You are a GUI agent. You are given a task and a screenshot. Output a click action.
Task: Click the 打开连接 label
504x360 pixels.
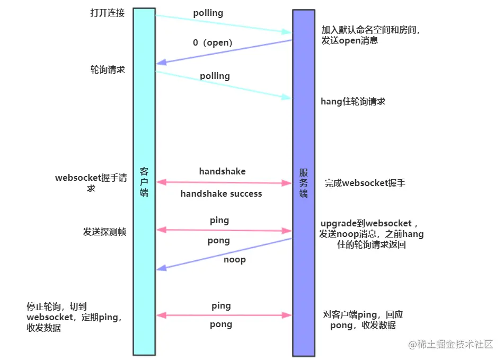(x=107, y=13)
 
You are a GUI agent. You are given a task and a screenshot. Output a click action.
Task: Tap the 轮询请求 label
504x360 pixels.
(x=108, y=69)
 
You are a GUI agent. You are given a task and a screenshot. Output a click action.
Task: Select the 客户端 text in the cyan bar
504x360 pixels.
(x=144, y=182)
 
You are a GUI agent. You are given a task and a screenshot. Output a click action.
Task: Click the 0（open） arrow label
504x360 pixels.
(x=213, y=42)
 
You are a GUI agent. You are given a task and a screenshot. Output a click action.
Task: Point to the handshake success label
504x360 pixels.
(x=221, y=194)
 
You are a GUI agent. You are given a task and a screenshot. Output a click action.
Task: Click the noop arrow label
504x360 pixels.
(x=234, y=259)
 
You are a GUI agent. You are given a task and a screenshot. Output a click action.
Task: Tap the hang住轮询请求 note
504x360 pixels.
(x=353, y=101)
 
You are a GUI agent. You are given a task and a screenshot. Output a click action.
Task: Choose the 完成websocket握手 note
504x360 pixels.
(x=365, y=183)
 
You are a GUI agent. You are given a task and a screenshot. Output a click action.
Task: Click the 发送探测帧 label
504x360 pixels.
(x=104, y=232)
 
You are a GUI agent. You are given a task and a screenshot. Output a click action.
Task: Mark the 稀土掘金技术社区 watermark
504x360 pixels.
(x=450, y=344)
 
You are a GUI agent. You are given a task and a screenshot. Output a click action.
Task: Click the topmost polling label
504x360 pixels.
(x=208, y=13)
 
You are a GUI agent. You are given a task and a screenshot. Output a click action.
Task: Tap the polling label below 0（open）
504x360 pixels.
(x=215, y=76)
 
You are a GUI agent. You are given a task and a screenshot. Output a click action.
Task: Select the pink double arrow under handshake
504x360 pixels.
(x=224, y=182)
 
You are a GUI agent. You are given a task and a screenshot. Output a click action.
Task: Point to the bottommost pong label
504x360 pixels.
(x=221, y=324)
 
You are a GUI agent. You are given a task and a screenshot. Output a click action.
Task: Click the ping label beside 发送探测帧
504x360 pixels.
(x=219, y=220)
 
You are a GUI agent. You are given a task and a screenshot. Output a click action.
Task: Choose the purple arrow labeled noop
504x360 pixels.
(x=224, y=253)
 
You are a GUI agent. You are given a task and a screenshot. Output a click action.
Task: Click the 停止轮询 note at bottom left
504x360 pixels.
(x=75, y=317)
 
